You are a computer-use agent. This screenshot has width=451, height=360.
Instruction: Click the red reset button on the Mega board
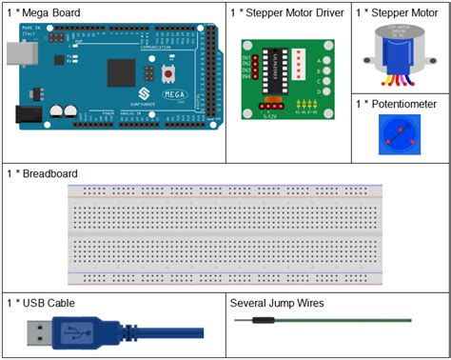coord(169,72)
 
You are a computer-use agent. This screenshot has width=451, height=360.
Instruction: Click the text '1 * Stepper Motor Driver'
coord(287,12)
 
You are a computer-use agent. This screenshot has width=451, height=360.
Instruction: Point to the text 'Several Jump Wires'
coord(277,303)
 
